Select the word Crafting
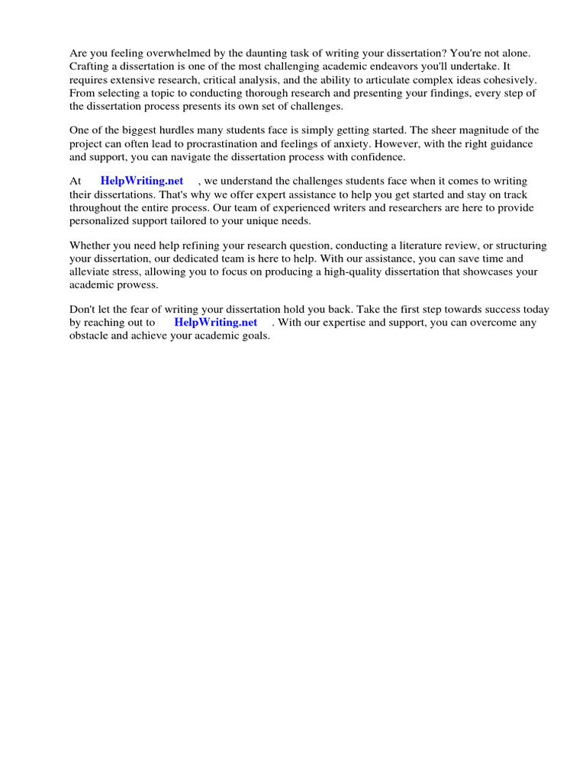tap(90, 66)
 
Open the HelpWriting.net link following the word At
tap(142, 181)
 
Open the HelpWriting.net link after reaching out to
tap(216, 322)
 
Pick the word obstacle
tap(90, 336)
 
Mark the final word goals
tap(254, 336)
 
